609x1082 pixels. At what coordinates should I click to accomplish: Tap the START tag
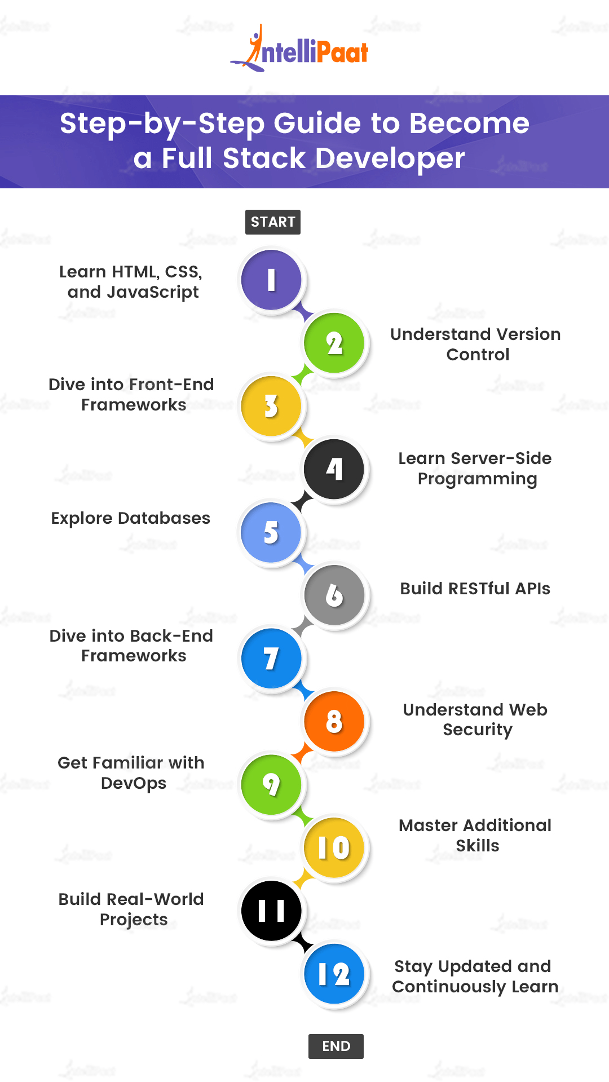tap(273, 222)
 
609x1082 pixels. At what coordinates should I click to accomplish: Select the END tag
tap(336, 1046)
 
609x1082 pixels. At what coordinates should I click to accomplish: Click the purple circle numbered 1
tap(271, 280)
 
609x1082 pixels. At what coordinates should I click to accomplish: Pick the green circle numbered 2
tap(334, 343)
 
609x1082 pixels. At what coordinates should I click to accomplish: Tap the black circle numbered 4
tap(334, 469)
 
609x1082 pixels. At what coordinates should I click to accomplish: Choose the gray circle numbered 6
tap(334, 595)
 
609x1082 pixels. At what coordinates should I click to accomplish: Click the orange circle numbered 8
tap(334, 721)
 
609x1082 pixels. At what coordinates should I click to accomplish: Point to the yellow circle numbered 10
tap(334, 847)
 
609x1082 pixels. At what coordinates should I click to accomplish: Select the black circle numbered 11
tap(271, 911)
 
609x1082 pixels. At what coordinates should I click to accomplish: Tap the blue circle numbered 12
tap(334, 974)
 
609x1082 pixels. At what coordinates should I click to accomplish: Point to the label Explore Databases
tap(131, 518)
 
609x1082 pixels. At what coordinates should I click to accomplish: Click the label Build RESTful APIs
tap(475, 589)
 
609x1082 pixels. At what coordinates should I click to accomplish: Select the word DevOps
tap(134, 783)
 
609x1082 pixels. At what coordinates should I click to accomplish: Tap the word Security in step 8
tap(478, 730)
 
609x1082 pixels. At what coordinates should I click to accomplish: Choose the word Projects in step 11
tap(134, 920)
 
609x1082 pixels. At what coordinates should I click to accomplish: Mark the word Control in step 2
tap(478, 355)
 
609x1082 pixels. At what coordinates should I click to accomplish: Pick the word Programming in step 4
tap(477, 479)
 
